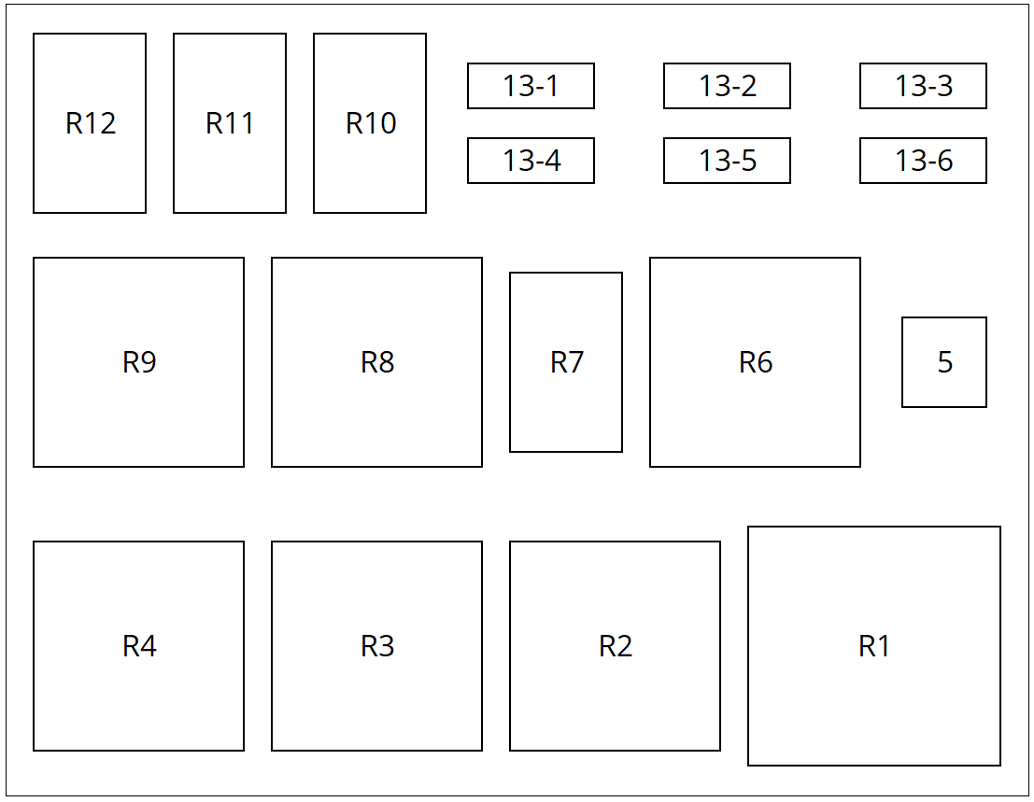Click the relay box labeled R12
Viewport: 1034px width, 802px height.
(x=90, y=123)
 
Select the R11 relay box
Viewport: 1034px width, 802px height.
(x=230, y=123)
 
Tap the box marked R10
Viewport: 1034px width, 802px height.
(x=370, y=123)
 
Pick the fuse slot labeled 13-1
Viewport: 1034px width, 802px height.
(x=531, y=86)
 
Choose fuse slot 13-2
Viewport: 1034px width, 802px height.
(x=727, y=86)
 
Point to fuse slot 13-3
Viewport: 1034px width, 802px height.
(x=923, y=86)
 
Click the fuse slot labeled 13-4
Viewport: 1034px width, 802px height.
(x=531, y=161)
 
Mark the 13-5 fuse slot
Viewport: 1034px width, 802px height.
(x=727, y=161)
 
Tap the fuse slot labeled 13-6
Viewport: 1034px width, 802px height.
(x=923, y=161)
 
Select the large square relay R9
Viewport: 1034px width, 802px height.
(x=138, y=362)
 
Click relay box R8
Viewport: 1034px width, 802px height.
(x=376, y=362)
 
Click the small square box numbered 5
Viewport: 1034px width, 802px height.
(x=944, y=362)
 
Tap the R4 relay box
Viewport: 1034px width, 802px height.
(x=138, y=646)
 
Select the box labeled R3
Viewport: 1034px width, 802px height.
(x=376, y=646)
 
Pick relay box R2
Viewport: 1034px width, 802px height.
(x=615, y=646)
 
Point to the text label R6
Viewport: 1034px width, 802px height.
(x=756, y=362)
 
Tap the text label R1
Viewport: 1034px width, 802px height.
(x=874, y=646)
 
